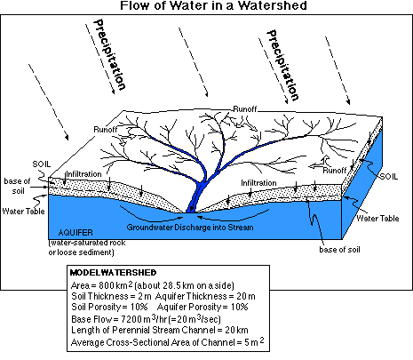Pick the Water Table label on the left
click(x=23, y=211)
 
